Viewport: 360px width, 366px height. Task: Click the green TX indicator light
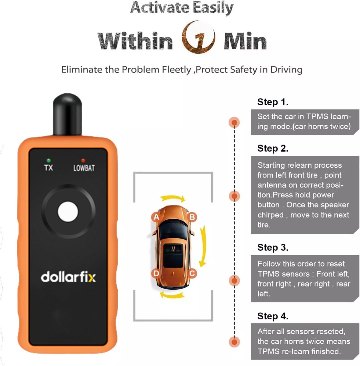tap(49, 160)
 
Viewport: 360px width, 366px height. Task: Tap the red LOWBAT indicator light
tap(83, 160)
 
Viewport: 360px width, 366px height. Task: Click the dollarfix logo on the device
tap(68, 277)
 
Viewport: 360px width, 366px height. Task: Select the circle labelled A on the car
tap(156, 217)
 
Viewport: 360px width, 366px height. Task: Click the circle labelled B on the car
tap(192, 217)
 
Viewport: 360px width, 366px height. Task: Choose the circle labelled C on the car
tap(192, 273)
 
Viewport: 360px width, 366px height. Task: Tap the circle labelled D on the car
tap(156, 273)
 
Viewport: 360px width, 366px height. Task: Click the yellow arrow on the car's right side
tap(202, 246)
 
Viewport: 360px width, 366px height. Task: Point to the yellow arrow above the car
tap(173, 199)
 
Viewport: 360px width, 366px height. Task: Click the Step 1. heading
tap(273, 102)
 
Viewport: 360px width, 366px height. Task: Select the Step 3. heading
tap(273, 247)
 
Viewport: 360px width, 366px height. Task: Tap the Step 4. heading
tap(273, 316)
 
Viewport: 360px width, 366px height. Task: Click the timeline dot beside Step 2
tap(235, 196)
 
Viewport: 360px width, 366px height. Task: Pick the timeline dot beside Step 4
tap(235, 342)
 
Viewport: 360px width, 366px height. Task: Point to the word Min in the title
tap(245, 41)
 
